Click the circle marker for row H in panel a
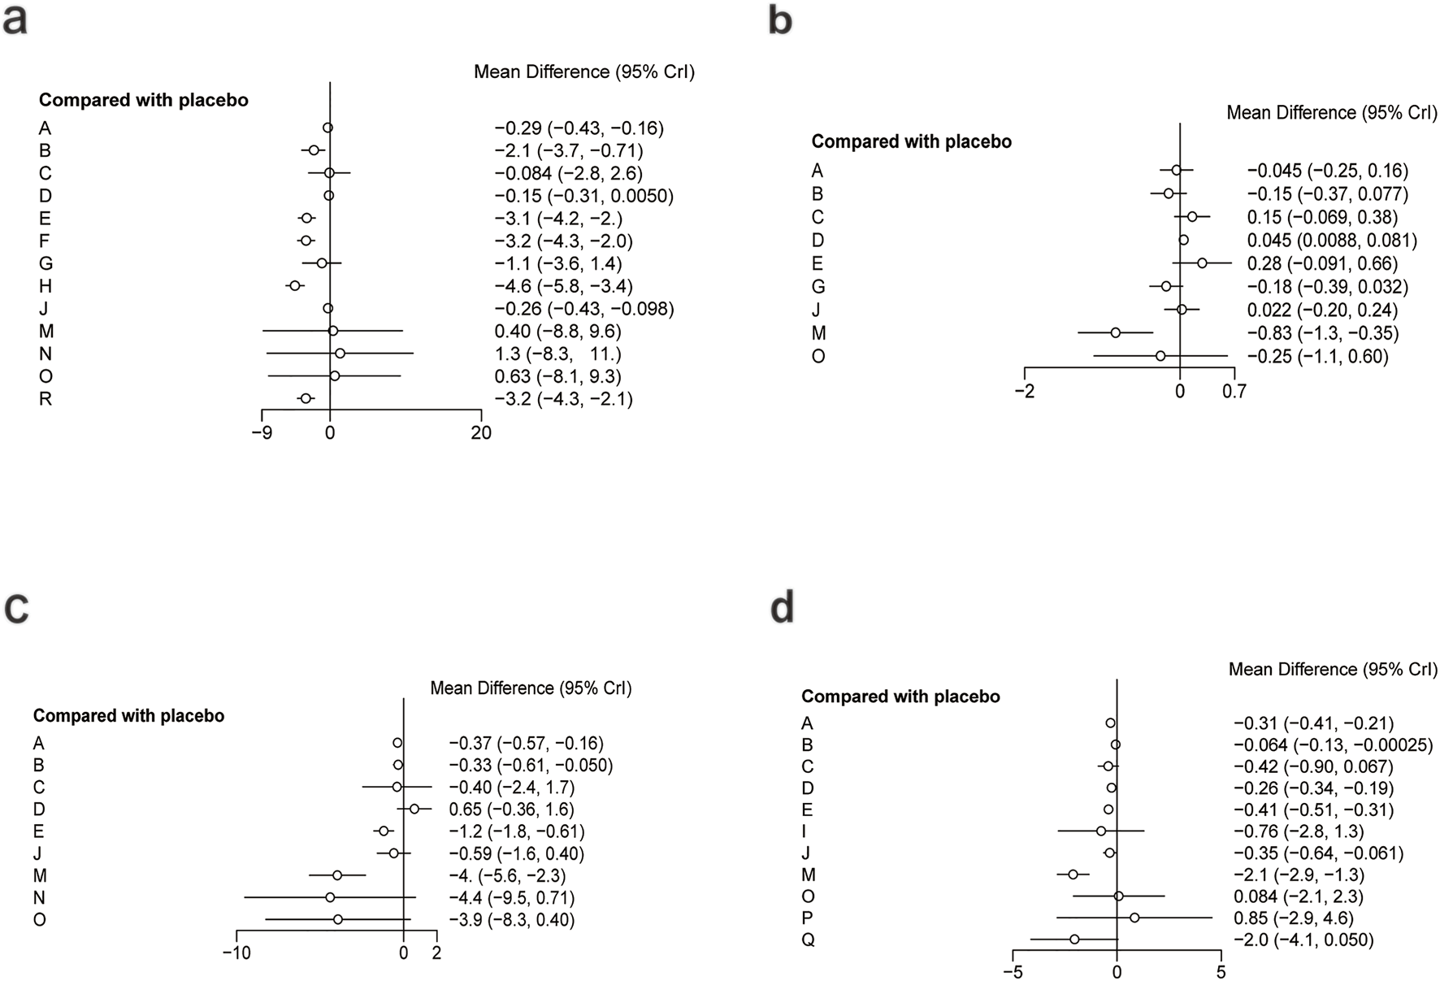[x=295, y=285]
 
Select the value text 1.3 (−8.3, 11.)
[x=557, y=354]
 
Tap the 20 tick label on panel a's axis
[x=481, y=433]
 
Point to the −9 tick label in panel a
[x=262, y=433]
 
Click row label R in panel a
[x=46, y=399]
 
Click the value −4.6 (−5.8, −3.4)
[x=563, y=286]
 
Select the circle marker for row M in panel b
[x=1116, y=332]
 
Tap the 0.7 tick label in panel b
[x=1234, y=392]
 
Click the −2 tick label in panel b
[x=1025, y=392]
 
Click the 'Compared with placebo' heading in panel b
[x=911, y=141]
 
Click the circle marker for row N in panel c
[x=330, y=897]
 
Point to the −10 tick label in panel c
[x=236, y=953]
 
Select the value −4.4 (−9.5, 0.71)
[x=511, y=898]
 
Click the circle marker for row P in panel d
[x=1134, y=918]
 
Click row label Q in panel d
[x=808, y=940]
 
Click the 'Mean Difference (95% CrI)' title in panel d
[x=1333, y=670]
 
